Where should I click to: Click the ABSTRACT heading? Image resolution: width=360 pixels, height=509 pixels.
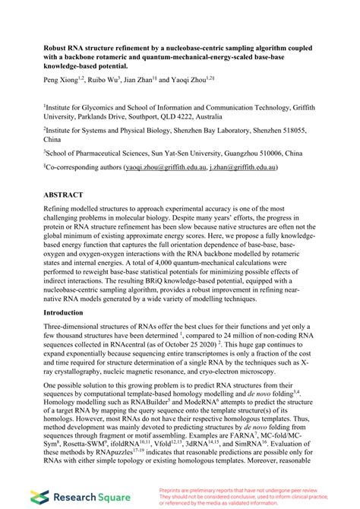[x=66, y=194]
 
